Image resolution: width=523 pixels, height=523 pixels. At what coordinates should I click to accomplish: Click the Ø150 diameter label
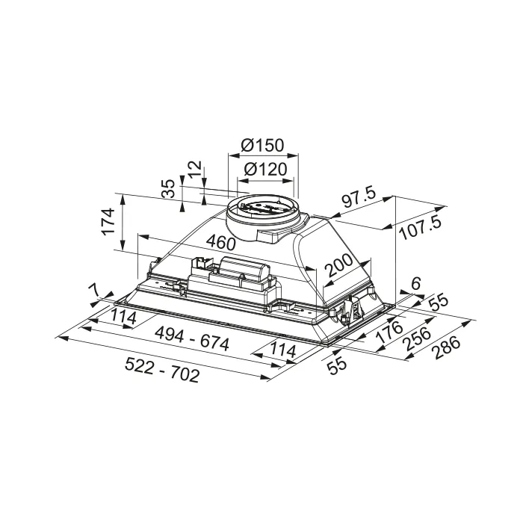(262, 145)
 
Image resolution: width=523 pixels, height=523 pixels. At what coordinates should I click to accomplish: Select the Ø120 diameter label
(265, 169)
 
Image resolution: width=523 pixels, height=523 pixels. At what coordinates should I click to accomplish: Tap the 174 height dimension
(108, 222)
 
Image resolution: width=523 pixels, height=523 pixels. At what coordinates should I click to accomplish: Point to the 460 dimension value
(220, 242)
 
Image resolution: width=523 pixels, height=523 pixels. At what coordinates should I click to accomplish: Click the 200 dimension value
(338, 265)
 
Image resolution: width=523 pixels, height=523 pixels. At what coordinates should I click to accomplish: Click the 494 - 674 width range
(193, 338)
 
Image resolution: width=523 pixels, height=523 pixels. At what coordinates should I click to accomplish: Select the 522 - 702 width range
(162, 370)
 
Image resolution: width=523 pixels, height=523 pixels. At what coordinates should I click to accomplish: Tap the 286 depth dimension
(445, 347)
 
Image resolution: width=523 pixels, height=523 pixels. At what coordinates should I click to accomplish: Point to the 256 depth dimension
(417, 339)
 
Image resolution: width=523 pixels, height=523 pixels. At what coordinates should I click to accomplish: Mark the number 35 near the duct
(168, 189)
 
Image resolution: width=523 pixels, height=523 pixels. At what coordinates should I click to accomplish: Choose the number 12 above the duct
(194, 170)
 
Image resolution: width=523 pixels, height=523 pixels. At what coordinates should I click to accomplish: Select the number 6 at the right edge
(416, 283)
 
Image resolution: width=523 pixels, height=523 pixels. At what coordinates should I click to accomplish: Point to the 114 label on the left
(123, 317)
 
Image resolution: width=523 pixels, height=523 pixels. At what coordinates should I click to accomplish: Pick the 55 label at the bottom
(337, 367)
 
